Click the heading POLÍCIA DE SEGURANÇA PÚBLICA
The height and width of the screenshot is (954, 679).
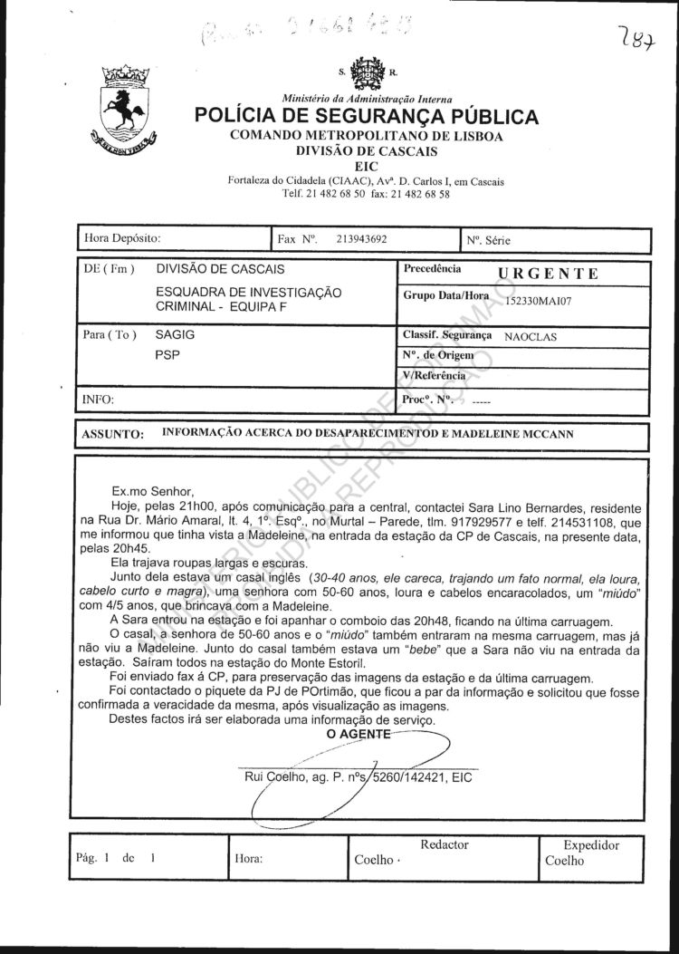(366, 117)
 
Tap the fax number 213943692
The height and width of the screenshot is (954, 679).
(361, 240)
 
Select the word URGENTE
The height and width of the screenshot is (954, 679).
(549, 273)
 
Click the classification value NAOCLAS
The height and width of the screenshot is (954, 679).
(531, 336)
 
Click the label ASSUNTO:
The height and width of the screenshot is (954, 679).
(113, 434)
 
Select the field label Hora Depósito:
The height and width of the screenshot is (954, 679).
(122, 239)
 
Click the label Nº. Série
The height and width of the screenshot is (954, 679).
(490, 241)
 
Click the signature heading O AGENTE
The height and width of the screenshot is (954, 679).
(358, 734)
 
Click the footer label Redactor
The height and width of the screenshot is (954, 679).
(445, 844)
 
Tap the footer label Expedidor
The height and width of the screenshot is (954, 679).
(591, 844)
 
